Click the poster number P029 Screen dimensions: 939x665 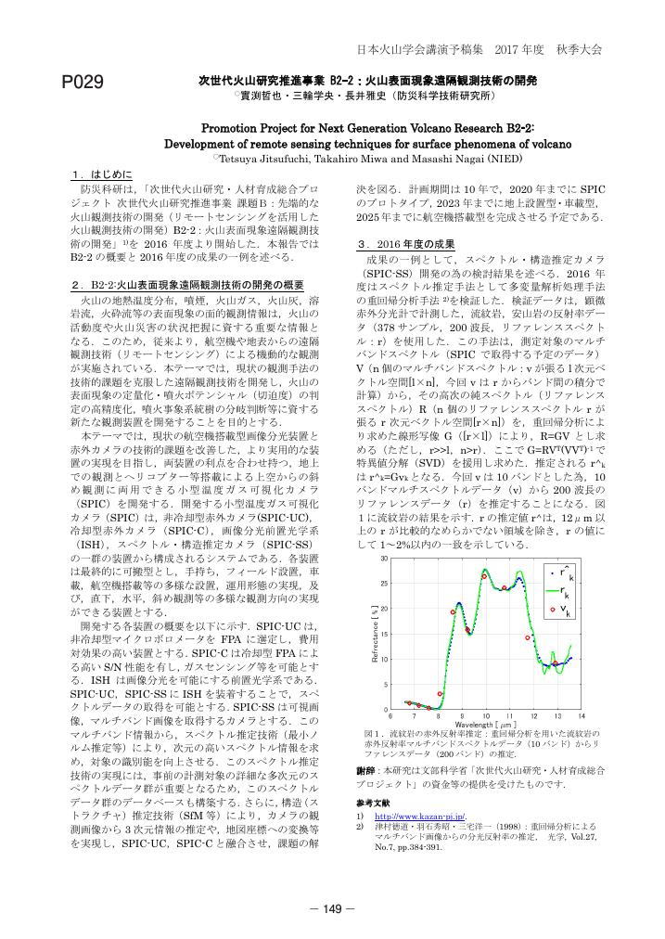point(82,84)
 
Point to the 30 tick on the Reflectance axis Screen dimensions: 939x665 point(385,559)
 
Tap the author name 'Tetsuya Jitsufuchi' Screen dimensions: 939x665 point(279,159)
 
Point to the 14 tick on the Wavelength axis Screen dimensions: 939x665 point(581,717)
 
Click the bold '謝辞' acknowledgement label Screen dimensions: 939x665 point(365,771)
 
